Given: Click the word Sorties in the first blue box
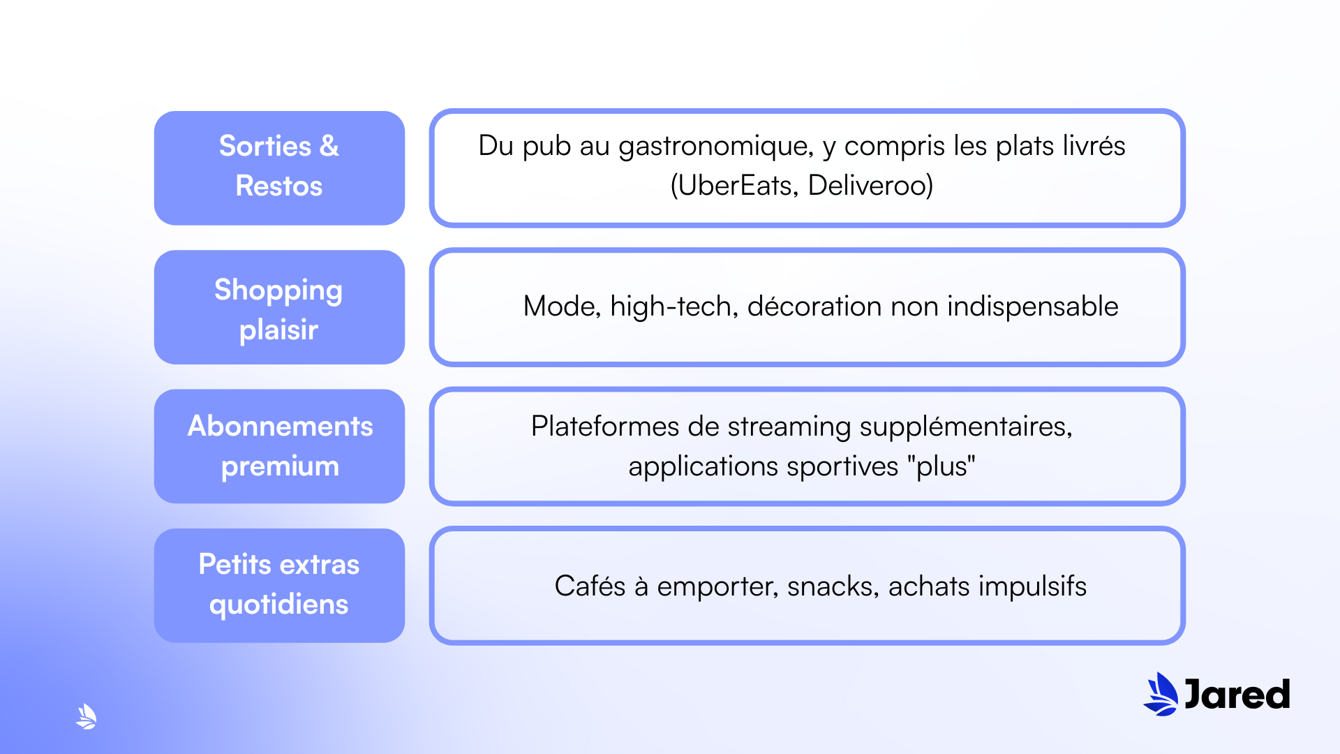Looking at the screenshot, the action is pos(265,146).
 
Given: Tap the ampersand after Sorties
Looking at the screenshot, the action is pos(329,146).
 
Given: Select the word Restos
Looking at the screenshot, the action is pos(279,186).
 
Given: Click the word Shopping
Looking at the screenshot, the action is pos(278,290).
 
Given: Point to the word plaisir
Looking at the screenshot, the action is pos(278,330).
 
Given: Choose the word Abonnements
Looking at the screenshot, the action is pos(280,426).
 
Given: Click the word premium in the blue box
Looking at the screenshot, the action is pos(280,466).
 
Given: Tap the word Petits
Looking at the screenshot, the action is pos(234,564).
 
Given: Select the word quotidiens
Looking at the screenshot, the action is pos(278,604).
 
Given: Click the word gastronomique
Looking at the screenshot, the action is pos(716,146).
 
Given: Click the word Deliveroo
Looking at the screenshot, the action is pos(870,186).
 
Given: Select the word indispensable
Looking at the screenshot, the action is pos(1032,306).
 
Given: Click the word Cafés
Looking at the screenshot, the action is pos(590,586).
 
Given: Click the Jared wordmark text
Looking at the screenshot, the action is pos(1237,695).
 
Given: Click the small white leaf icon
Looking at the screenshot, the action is pos(86,716).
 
